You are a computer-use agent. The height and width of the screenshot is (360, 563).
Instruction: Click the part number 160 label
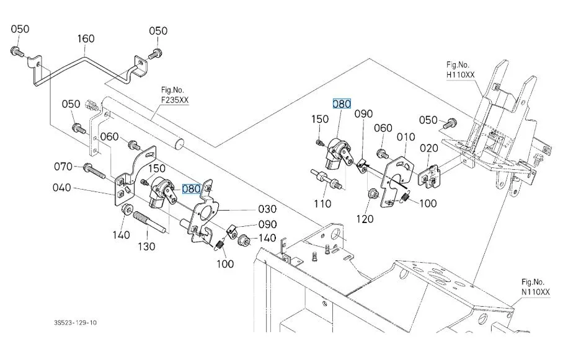tap(86, 39)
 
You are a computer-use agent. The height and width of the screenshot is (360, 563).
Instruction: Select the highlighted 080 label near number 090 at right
tap(342, 104)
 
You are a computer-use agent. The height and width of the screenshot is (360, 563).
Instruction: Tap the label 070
tap(63, 167)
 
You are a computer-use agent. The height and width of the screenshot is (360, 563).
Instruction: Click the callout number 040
tap(62, 188)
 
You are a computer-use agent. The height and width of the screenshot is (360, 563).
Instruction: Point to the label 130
tap(146, 247)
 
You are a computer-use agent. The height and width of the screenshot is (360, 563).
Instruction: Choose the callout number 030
tap(267, 209)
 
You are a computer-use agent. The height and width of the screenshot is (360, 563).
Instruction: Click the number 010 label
tap(406, 137)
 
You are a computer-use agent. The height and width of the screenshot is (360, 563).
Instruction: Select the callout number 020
tap(429, 148)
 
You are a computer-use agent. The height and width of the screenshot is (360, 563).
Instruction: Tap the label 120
tap(365, 219)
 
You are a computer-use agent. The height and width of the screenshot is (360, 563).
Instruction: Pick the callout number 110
tap(322, 204)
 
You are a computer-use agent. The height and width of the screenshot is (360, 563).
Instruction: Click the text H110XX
tap(460, 75)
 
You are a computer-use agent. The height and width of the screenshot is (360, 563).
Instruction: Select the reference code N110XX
tap(535, 292)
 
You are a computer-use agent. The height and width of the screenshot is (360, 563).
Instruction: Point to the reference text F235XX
tap(175, 100)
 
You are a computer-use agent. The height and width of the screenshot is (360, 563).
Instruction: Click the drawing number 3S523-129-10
tap(76, 323)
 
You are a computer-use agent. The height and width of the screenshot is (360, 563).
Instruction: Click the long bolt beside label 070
tap(94, 171)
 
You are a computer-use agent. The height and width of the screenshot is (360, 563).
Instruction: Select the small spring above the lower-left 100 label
tap(219, 245)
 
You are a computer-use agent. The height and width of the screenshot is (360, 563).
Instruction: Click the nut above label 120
tap(373, 195)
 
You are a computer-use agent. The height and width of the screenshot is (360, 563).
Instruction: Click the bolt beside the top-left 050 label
tap(17, 52)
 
